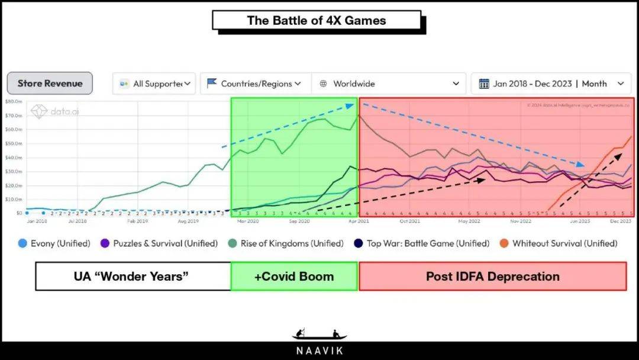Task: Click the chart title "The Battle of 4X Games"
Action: pos(316,20)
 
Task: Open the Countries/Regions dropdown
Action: pos(254,83)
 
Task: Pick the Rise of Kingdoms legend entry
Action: pos(285,243)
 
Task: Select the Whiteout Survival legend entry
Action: pos(559,243)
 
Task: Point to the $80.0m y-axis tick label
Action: pos(14,102)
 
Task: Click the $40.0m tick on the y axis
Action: pos(14,157)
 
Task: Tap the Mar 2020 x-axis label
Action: pos(248,221)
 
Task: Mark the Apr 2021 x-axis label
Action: pos(359,221)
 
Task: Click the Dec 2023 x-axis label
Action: pos(621,221)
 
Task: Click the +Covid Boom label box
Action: pos(294,277)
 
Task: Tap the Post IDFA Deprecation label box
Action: pos(492,277)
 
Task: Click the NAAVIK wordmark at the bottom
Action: pos(319,351)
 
